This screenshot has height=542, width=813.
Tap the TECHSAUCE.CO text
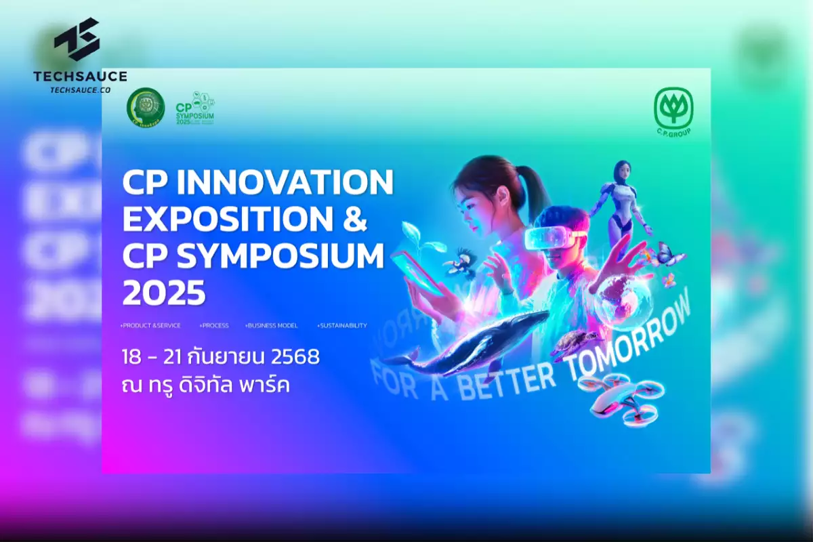tap(80, 89)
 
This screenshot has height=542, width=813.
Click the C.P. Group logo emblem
tap(673, 107)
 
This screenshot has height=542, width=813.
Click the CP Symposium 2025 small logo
tap(195, 107)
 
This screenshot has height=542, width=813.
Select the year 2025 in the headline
tap(163, 293)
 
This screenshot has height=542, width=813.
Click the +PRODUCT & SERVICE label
tap(150, 326)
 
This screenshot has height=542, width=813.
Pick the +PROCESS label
tap(214, 326)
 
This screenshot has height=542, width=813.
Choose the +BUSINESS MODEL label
tap(271, 326)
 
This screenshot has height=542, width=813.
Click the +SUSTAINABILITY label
tap(341, 326)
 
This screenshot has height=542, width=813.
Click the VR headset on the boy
tap(552, 234)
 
